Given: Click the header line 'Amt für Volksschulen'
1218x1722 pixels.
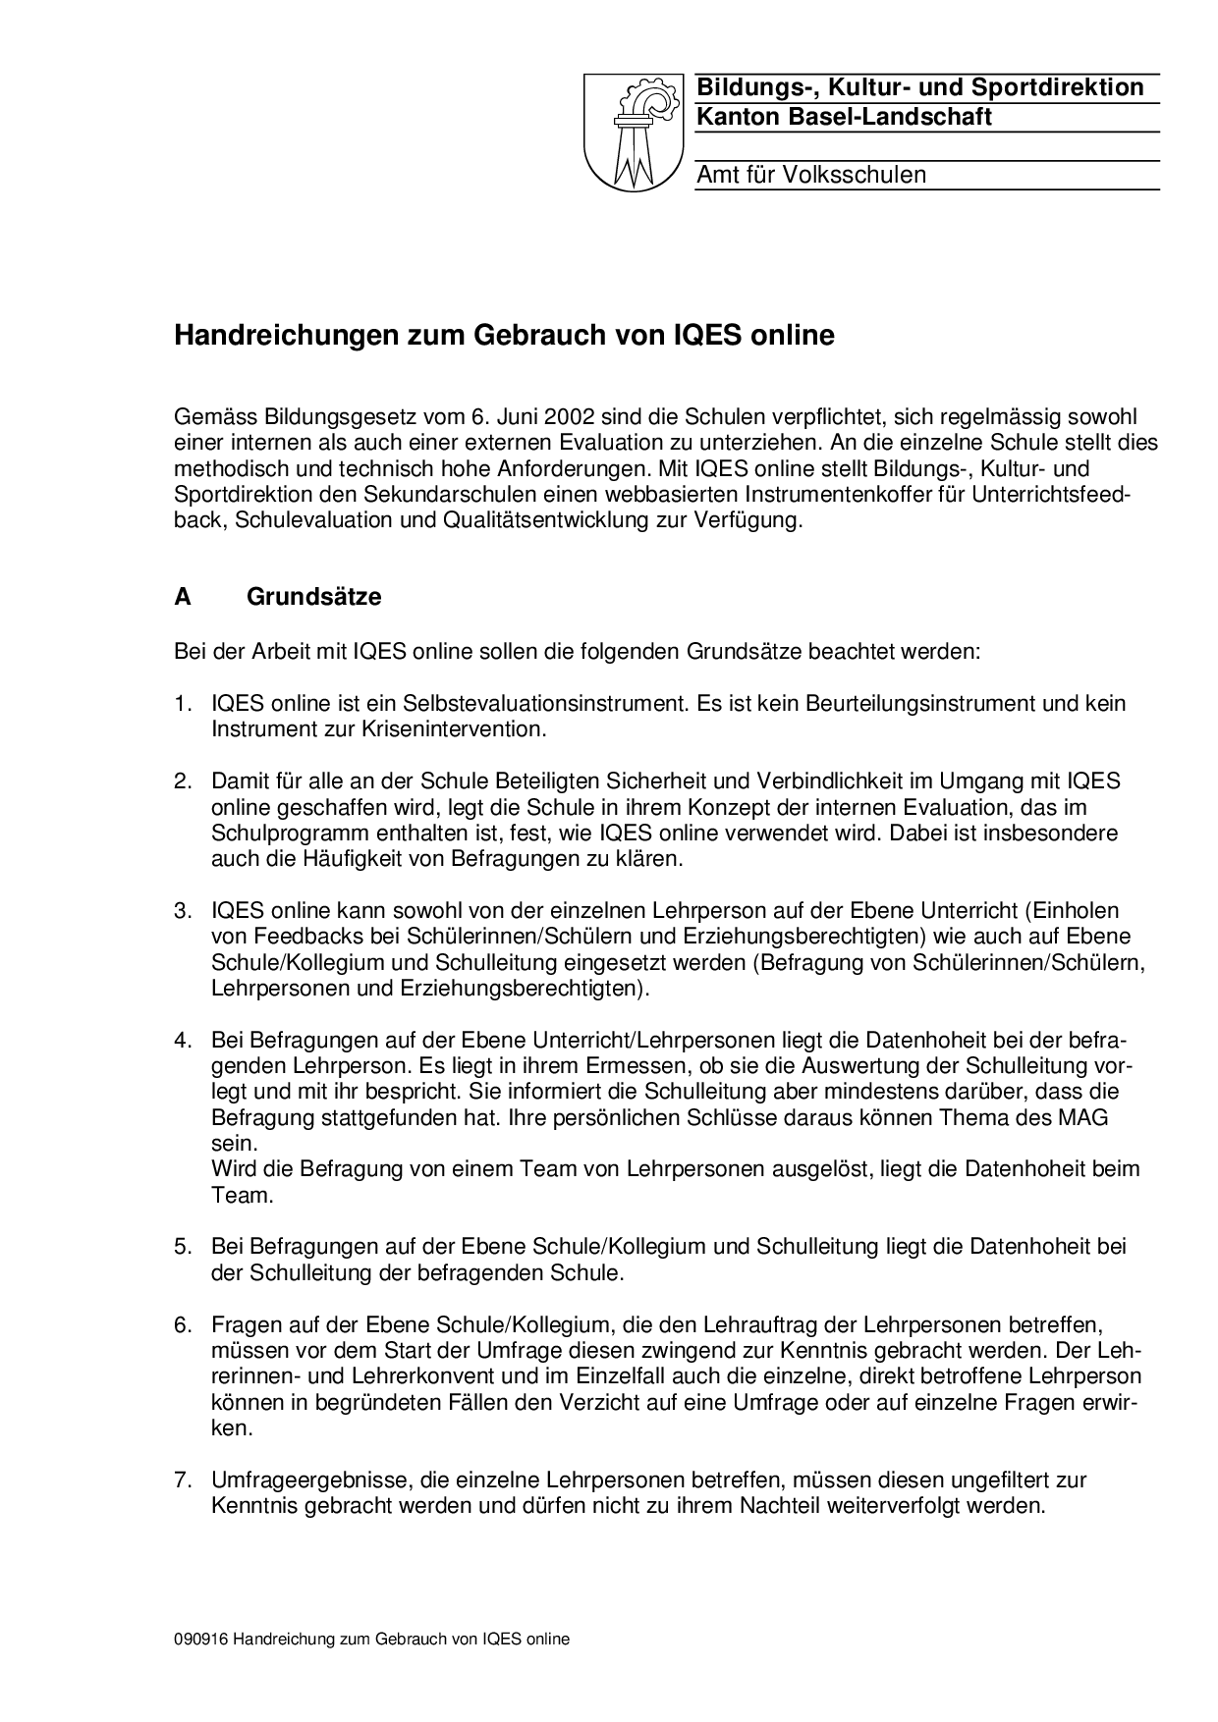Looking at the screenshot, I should [x=810, y=175].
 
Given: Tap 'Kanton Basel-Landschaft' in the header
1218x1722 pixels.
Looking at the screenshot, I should [x=844, y=117].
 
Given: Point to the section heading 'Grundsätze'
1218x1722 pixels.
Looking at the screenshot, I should [x=313, y=597].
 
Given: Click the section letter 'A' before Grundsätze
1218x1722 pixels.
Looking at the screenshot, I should [x=183, y=597].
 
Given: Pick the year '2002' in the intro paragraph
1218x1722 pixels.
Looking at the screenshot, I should [x=567, y=418].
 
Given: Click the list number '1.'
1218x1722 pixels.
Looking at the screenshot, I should [x=184, y=704].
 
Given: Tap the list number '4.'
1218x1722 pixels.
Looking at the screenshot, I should [x=184, y=1040].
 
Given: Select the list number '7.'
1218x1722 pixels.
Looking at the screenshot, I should [x=184, y=1480].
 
